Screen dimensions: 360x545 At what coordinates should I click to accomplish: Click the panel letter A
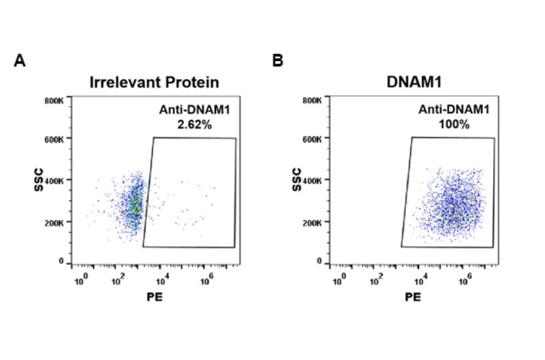pyautogui.click(x=20, y=61)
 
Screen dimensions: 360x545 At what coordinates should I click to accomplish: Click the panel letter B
pyautogui.click(x=278, y=61)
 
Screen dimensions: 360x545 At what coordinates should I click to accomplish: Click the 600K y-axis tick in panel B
pyautogui.click(x=313, y=139)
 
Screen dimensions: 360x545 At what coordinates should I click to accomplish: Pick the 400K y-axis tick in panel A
pyautogui.click(x=54, y=181)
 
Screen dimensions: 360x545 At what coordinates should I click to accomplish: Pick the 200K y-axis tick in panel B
pyautogui.click(x=313, y=222)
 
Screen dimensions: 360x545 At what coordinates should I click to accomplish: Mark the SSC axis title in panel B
pyautogui.click(x=296, y=180)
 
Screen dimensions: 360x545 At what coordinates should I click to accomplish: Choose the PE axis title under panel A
pyautogui.click(x=154, y=297)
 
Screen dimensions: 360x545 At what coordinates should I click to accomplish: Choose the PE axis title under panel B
pyautogui.click(x=412, y=297)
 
